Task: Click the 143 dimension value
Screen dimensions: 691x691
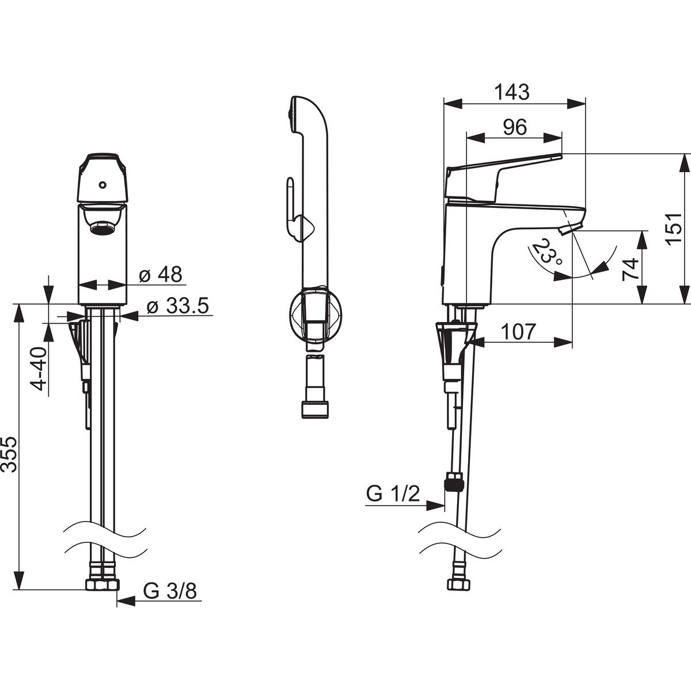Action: pyautogui.click(x=512, y=92)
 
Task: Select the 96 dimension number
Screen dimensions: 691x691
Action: pyautogui.click(x=514, y=127)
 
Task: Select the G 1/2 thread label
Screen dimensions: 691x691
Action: pyautogui.click(x=393, y=494)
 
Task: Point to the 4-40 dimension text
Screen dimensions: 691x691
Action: pyautogui.click(x=38, y=367)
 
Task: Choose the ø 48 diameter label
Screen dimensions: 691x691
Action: pyautogui.click(x=161, y=275)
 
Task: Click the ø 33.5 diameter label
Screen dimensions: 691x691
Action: pyautogui.click(x=177, y=306)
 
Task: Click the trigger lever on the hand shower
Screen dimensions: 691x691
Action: pyautogui.click(x=290, y=199)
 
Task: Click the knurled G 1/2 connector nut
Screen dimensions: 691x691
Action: pyautogui.click(x=454, y=482)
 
